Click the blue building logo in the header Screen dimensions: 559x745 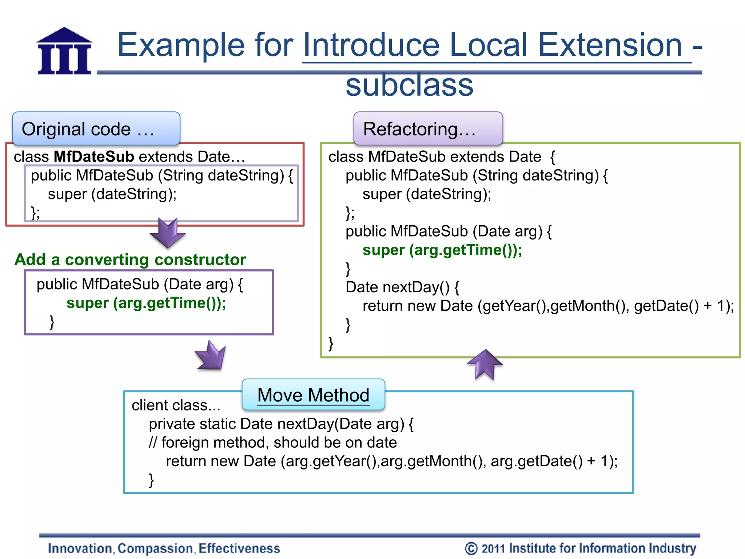point(64,51)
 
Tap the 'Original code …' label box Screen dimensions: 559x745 point(96,128)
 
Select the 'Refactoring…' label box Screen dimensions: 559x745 point(428,128)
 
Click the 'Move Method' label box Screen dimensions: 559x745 point(313,395)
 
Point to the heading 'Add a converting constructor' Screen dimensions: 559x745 point(130,260)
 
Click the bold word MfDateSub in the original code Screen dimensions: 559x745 point(94,156)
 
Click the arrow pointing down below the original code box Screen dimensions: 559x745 point(168,233)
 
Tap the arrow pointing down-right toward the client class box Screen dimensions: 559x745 point(211,356)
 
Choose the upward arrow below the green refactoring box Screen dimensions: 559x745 point(485,364)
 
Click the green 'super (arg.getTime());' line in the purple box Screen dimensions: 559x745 point(146,303)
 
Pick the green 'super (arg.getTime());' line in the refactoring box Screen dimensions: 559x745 point(442,250)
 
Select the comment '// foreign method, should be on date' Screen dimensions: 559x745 point(273,443)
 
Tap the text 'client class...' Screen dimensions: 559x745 point(176,405)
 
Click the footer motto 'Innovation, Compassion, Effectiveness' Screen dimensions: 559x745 point(164,548)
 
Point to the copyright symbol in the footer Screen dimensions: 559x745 point(471,548)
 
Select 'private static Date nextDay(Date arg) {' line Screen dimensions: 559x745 point(281,424)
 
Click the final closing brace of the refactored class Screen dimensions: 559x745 point(331,343)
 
